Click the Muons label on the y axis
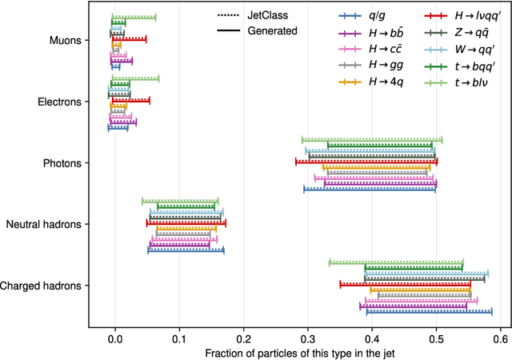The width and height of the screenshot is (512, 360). (62, 40)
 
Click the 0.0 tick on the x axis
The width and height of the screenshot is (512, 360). (115, 339)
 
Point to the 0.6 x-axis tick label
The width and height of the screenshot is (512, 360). (501, 339)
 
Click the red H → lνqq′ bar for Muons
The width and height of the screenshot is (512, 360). (130, 38)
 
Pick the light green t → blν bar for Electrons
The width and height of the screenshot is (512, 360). (135, 78)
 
